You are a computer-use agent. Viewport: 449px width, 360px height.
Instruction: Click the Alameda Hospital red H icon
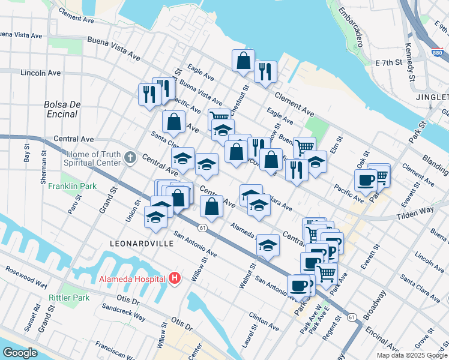175,278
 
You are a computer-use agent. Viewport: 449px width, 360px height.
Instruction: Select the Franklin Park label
72,187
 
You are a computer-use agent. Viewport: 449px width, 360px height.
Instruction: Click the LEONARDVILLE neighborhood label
142,244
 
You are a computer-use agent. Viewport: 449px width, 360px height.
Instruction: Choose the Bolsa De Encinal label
62,109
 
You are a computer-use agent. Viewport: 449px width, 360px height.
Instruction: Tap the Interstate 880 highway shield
437,53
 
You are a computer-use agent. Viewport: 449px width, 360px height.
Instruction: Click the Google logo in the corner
20,353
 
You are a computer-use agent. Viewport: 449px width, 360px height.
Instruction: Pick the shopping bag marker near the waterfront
243,61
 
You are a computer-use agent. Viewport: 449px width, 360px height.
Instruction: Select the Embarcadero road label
351,28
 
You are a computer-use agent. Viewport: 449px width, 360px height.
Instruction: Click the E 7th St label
388,62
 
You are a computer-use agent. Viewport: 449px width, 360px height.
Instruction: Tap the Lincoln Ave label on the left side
41,73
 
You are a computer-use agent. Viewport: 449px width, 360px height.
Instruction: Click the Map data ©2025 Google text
411,355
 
